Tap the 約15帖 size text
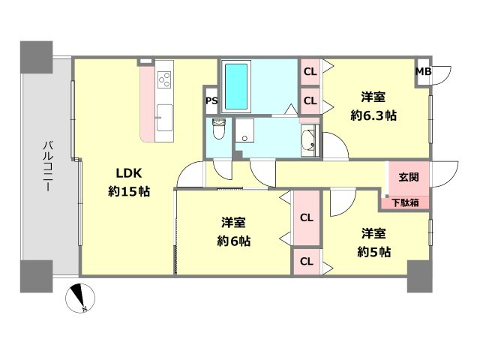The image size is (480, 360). pyautogui.click(x=128, y=191)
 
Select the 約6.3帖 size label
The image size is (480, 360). pyautogui.click(x=373, y=116)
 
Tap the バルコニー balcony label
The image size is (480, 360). pyautogui.click(x=46, y=167)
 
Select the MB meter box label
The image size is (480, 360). pyautogui.click(x=423, y=72)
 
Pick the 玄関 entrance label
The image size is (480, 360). pyautogui.click(x=408, y=177)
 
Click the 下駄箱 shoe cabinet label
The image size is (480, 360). pyautogui.click(x=405, y=202)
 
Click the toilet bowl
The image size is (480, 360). pyautogui.click(x=219, y=130)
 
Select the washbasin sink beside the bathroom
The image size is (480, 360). pyautogui.click(x=307, y=139)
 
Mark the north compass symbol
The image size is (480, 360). pyautogui.click(x=80, y=298)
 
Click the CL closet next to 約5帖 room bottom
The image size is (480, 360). pyautogui.click(x=306, y=262)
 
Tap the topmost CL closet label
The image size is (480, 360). pyautogui.click(x=310, y=73)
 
